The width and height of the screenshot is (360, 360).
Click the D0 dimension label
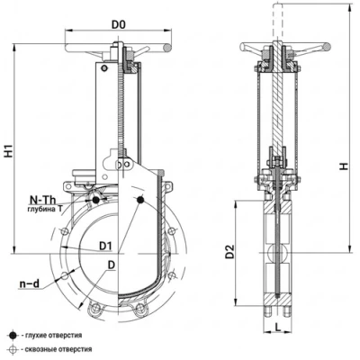(118, 25)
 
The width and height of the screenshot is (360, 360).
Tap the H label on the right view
(344, 166)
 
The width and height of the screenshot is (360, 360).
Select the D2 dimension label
(229, 252)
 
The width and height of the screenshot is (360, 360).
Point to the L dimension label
(278, 328)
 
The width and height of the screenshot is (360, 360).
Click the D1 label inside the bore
(105, 247)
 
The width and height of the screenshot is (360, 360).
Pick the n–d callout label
(29, 283)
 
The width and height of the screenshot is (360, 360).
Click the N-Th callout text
(42, 200)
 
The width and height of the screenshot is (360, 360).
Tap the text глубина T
(45, 210)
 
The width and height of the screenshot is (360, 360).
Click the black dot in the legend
(13, 336)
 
